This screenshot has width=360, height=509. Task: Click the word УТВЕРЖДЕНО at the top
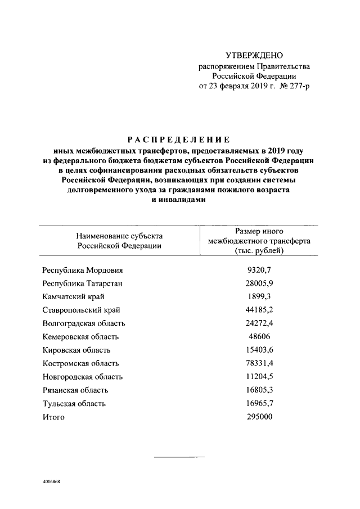pyautogui.click(x=254, y=55)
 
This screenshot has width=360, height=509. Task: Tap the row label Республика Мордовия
pyautogui.click(x=82, y=271)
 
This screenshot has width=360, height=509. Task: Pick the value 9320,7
pyautogui.click(x=259, y=271)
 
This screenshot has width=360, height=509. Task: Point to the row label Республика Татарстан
pyautogui.click(x=83, y=283)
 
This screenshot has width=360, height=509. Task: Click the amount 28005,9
pyautogui.click(x=259, y=283)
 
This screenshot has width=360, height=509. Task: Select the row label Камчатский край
pyautogui.click(x=73, y=297)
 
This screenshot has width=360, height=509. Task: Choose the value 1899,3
pyautogui.click(x=259, y=297)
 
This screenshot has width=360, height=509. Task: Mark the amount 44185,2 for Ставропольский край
pyautogui.click(x=259, y=310)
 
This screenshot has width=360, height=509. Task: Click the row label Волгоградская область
pyautogui.click(x=84, y=323)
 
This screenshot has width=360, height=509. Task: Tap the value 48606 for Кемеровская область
pyautogui.click(x=259, y=336)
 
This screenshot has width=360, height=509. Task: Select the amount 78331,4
pyautogui.click(x=259, y=363)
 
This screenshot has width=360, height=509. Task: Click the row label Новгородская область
pyautogui.click(x=83, y=377)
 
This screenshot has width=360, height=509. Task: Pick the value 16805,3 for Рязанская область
pyautogui.click(x=259, y=390)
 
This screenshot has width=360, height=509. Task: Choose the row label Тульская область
pyautogui.click(x=74, y=403)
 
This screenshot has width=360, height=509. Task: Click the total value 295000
pyautogui.click(x=259, y=417)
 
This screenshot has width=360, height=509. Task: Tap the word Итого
pyautogui.click(x=54, y=417)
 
